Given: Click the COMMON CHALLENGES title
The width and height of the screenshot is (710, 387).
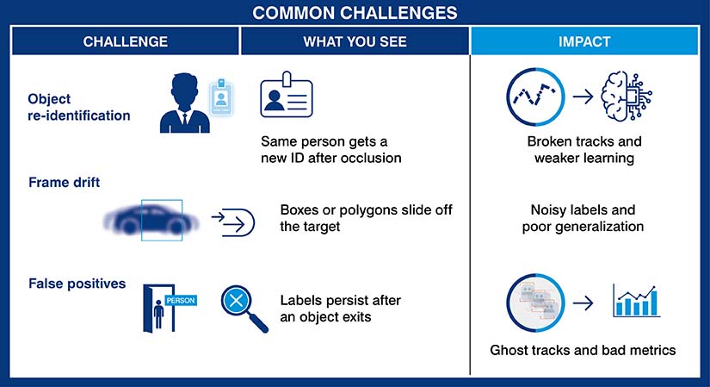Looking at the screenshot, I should tap(355, 13).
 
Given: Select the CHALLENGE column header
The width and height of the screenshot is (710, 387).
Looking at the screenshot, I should tap(125, 41).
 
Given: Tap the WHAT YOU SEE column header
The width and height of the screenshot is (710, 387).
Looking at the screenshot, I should tap(355, 41).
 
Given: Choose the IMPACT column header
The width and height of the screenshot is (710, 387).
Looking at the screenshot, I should tap(584, 41).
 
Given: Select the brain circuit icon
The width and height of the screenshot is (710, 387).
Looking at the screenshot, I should tap(632, 96).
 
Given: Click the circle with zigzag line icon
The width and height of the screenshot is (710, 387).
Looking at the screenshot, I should tap(535, 96).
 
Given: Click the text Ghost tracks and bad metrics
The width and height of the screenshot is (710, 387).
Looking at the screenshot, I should tap(583, 350).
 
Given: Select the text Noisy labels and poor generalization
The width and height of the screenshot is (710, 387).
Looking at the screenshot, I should tap(583, 219).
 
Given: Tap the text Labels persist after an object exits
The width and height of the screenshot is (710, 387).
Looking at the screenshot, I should tap(341, 308).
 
